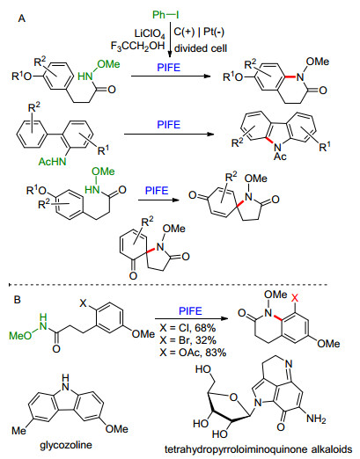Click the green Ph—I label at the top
coord(165,14)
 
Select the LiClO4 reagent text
coord(150,34)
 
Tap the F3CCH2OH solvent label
coord(137,46)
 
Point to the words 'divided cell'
coord(201,47)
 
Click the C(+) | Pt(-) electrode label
coord(199,32)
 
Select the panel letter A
coord(22,18)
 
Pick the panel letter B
coord(18,300)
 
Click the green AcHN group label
coord(53,161)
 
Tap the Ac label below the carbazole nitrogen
coord(280,157)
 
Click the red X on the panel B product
coord(295,298)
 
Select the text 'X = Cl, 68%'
coord(187,327)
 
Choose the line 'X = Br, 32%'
coord(188,340)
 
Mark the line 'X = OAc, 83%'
coord(193,353)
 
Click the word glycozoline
coord(66,445)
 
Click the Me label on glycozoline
coord(18,430)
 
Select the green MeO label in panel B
coord(20,335)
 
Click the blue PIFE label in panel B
coord(190,310)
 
